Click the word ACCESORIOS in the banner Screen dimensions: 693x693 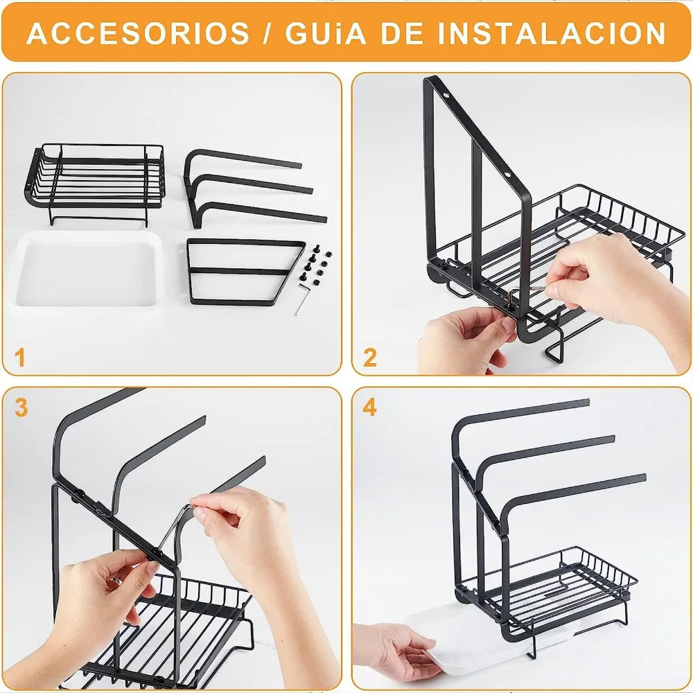click(x=138, y=33)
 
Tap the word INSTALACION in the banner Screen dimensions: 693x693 click(x=551, y=33)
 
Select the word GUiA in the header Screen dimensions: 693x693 click(x=326, y=33)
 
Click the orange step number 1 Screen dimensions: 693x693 click(x=19, y=358)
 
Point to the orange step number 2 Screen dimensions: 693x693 click(x=370, y=358)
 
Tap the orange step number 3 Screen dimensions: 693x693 click(x=21, y=407)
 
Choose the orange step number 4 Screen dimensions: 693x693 click(x=370, y=407)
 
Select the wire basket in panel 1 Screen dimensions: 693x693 click(x=95, y=184)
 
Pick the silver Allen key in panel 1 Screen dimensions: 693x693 click(x=302, y=299)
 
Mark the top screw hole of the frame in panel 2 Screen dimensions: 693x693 click(x=446, y=94)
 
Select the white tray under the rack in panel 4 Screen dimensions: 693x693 click(x=500, y=643)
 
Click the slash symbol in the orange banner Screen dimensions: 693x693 click(x=267, y=33)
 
